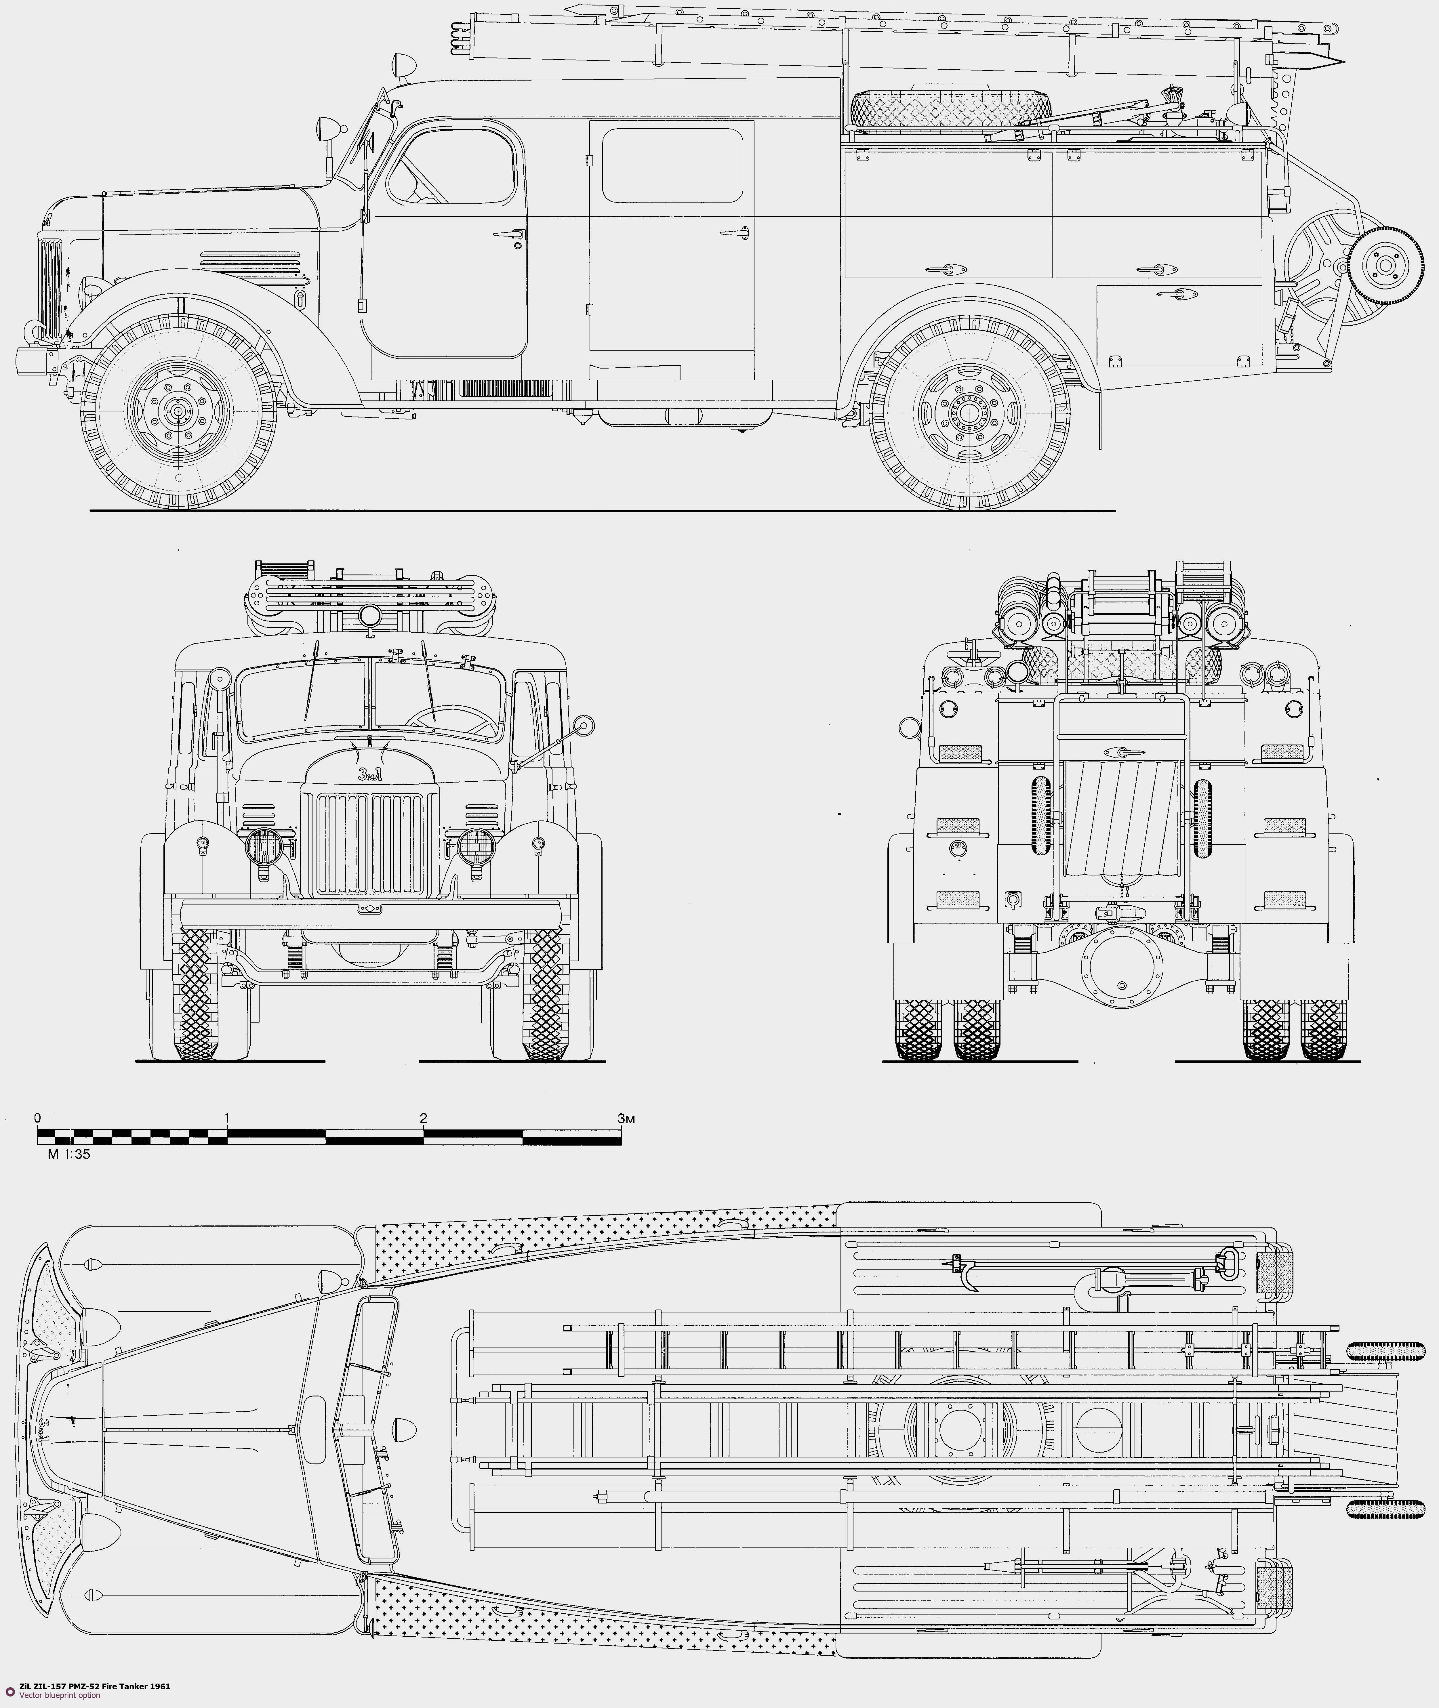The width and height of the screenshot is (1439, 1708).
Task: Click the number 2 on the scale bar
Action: point(423,1118)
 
